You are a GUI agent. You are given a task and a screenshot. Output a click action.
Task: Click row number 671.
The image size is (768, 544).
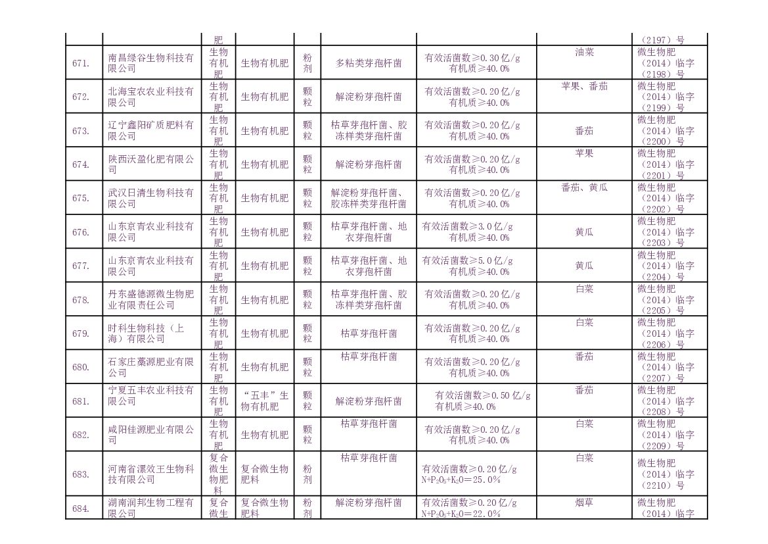coord(81,63)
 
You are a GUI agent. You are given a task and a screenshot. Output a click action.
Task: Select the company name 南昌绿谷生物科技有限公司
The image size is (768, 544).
coord(151,63)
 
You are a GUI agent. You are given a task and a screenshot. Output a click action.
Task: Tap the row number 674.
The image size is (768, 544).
coord(81,164)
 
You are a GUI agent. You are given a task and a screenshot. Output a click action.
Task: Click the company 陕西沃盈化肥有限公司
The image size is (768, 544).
coord(151,164)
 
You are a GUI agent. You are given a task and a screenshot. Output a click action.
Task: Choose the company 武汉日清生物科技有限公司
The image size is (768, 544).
coord(151,199)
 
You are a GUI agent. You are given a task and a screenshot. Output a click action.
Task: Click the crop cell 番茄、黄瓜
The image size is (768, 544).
coord(584,187)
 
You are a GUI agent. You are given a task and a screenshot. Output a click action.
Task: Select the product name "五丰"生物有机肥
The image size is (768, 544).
coord(265,401)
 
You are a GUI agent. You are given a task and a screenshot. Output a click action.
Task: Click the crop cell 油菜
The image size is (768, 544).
coord(584,52)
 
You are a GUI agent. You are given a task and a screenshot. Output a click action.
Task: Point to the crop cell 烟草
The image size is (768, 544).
coord(584,503)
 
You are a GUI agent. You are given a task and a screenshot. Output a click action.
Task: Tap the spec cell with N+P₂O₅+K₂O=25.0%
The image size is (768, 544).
coord(468,474)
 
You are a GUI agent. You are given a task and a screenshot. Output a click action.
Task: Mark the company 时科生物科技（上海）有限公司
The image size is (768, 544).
coord(151,334)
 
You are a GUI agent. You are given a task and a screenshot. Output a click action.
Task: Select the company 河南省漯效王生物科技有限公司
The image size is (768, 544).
coord(151,474)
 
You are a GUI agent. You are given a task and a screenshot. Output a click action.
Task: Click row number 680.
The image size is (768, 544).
coord(81,367)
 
